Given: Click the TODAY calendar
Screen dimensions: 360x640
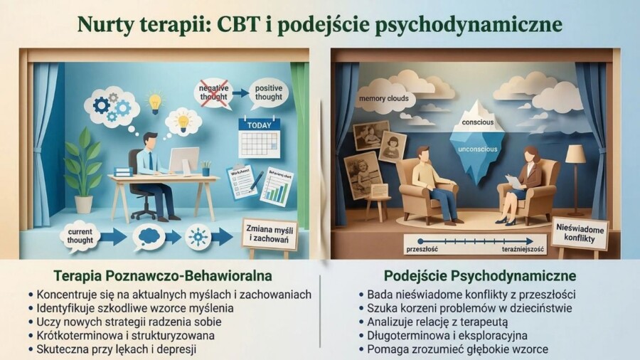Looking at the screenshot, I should click(259, 138).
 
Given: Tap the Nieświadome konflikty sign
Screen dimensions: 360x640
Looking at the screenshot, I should click(579, 233).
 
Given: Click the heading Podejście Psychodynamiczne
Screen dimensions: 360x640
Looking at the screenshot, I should click(480, 275).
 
